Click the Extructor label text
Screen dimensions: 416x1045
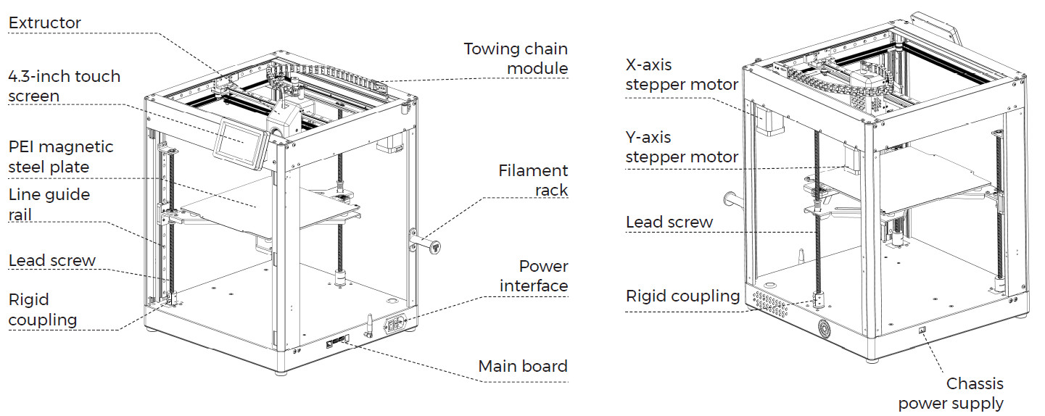[44, 23]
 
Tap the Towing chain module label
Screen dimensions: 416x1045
[516, 59]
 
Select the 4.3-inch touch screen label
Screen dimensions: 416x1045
[64, 86]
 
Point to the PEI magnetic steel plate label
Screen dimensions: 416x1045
[61, 157]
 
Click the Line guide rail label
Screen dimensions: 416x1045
[49, 204]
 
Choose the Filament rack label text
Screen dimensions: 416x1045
[533, 180]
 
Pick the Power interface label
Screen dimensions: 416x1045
[533, 275]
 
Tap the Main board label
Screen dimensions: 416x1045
[522, 366]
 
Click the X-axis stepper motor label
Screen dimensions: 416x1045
[681, 75]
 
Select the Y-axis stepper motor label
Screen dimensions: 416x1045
[681, 146]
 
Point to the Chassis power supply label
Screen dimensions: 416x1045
[951, 393]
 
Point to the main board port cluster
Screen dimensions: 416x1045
[337, 339]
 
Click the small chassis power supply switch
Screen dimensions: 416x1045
[922, 330]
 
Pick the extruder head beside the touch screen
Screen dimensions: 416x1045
[283, 117]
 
